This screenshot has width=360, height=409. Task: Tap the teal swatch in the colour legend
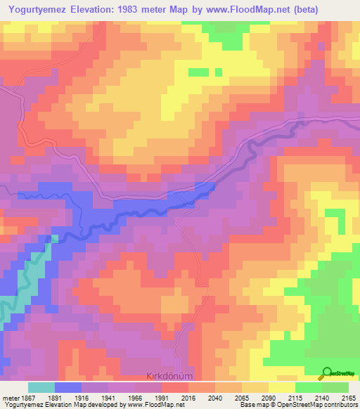point(41,387)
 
